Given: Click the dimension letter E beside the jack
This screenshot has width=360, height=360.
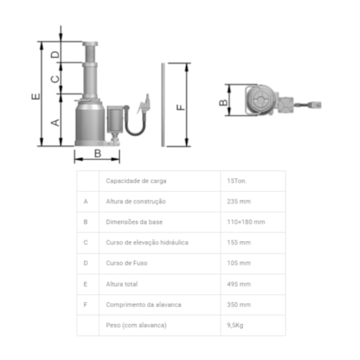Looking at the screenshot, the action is point(36,96).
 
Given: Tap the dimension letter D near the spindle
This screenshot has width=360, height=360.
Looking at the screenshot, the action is point(55,55).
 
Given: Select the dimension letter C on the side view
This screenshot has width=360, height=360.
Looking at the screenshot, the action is point(55,78).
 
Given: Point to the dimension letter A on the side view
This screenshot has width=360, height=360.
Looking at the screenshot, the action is point(55,122).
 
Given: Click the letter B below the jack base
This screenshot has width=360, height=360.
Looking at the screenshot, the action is point(98,153).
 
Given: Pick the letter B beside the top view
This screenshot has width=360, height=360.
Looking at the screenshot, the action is point(223,103).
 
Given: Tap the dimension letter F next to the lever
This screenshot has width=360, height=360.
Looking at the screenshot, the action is point(181,107).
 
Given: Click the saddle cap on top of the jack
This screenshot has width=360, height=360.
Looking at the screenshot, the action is point(90,44).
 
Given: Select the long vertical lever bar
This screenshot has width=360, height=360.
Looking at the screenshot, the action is point(163,105).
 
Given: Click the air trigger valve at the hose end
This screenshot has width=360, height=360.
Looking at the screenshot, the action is point(144,103).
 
